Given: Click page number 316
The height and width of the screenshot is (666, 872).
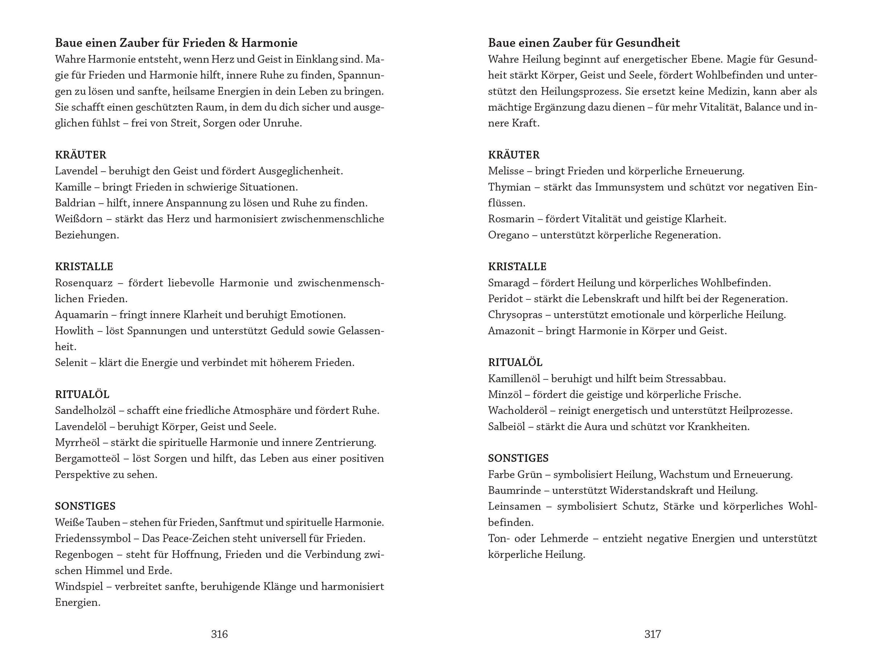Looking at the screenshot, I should pos(219,634).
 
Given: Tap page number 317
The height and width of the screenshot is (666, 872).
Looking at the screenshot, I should pos(652,634).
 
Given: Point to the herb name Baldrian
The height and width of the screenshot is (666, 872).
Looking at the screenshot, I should pos(75,203).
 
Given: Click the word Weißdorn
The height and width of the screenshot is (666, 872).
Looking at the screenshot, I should pos(78,219).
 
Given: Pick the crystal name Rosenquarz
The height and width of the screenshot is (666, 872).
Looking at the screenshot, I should pos(84,283).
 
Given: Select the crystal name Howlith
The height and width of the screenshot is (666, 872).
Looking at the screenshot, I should pos(74,331).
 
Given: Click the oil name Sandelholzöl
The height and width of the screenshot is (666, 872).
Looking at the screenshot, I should pos(85,410).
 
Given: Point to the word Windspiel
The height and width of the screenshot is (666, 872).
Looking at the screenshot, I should pos(79,586).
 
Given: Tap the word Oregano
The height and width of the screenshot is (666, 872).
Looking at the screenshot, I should pos(508,235).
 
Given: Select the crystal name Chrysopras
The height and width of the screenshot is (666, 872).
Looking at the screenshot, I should pos(515,315).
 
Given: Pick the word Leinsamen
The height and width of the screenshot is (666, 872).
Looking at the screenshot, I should pos(514,506).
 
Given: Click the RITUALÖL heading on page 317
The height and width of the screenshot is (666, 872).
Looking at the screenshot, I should pos(515,362).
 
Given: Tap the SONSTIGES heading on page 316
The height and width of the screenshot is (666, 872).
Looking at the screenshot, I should pos(85,506).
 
